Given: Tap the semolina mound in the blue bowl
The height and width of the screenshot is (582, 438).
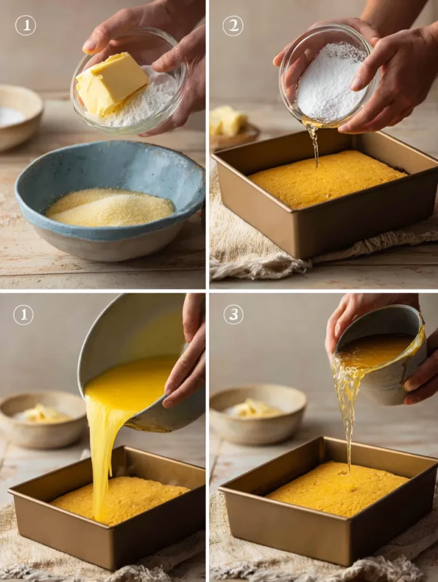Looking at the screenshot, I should pyautogui.click(x=110, y=208).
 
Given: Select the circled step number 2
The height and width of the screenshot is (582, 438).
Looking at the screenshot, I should pyautogui.click(x=232, y=25).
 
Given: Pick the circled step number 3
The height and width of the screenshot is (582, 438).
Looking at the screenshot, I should pyautogui.click(x=233, y=314).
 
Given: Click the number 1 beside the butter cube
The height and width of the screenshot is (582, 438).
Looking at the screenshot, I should pyautogui.click(x=25, y=25).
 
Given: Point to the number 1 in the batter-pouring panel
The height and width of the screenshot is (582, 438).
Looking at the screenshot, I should pyautogui.click(x=23, y=314).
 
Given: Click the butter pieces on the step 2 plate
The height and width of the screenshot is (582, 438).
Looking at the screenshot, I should pyautogui.click(x=229, y=120).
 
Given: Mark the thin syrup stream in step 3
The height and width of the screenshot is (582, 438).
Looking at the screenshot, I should pyautogui.click(x=347, y=421).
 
